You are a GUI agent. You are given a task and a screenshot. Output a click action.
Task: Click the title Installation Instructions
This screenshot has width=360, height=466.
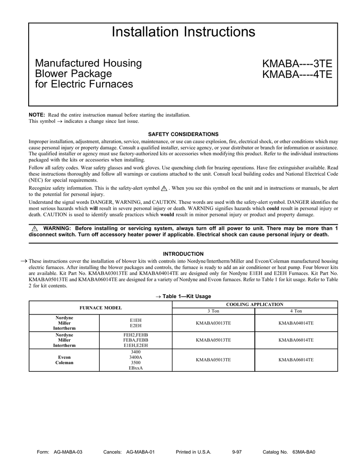183,32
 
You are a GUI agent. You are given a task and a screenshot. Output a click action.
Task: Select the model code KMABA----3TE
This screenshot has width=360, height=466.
297,63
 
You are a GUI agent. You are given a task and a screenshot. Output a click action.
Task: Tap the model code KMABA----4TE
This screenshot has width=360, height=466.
297,74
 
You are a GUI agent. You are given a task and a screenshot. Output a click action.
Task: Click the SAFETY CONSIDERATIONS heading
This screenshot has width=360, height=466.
183,134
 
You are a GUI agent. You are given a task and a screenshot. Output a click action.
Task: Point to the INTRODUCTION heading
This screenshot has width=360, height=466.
183,254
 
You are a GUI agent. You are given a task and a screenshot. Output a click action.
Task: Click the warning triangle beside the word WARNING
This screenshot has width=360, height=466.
34,228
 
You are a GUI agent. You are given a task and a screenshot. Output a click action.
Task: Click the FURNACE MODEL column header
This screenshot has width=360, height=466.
101,308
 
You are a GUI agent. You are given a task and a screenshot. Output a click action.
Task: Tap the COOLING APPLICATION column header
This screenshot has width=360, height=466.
254,304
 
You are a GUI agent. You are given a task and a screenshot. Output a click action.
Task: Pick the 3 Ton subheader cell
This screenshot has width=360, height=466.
213,311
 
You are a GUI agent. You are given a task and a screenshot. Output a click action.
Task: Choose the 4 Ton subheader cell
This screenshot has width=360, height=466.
296,311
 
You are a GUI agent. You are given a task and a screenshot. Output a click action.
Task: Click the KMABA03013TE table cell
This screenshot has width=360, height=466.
213,323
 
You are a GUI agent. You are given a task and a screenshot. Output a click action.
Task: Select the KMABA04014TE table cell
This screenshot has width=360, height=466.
296,323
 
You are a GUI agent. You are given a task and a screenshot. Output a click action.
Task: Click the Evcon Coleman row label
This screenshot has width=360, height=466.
64,360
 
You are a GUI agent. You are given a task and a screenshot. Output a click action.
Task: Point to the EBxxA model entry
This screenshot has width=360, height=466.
136,368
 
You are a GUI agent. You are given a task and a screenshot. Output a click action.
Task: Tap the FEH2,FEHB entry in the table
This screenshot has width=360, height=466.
136,335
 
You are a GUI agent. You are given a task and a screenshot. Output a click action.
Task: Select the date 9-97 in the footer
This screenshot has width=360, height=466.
237,452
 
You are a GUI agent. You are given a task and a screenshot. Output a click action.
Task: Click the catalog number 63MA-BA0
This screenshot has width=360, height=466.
304,452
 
